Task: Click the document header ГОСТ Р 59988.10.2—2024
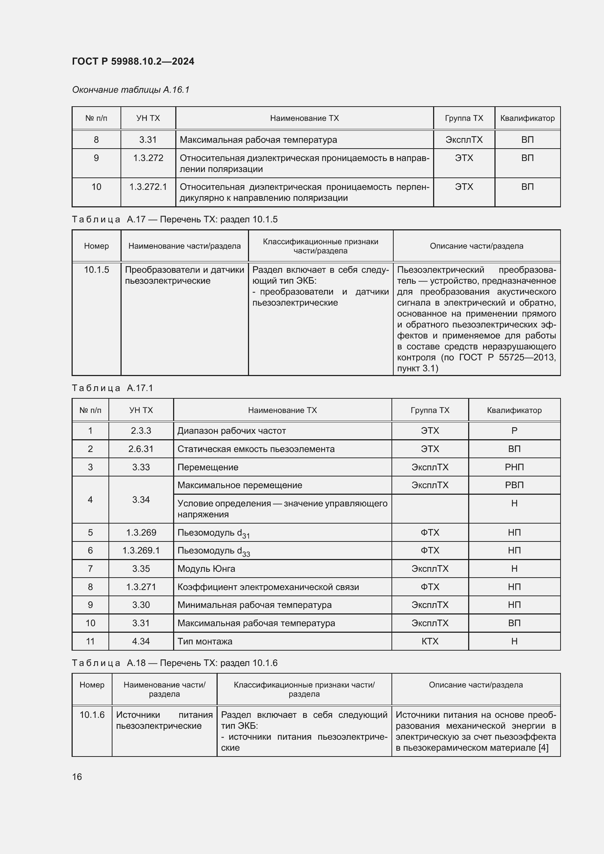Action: (133, 61)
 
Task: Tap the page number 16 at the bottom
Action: (77, 777)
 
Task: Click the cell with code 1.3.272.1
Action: (148, 187)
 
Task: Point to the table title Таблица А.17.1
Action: (112, 388)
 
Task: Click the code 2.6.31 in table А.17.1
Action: (141, 449)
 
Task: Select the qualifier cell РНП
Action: (514, 467)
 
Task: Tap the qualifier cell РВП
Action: (514, 485)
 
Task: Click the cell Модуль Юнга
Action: (206, 569)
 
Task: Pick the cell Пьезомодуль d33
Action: (214, 551)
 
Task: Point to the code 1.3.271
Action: (141, 587)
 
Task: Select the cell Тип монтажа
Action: (204, 641)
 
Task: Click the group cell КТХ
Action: (429, 641)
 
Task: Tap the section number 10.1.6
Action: (92, 715)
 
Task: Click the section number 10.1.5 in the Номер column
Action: (96, 270)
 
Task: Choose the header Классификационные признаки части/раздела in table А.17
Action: (320, 246)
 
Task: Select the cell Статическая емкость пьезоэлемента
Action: (256, 449)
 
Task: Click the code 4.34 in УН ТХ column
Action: (141, 641)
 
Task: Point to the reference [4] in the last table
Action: (543, 748)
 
